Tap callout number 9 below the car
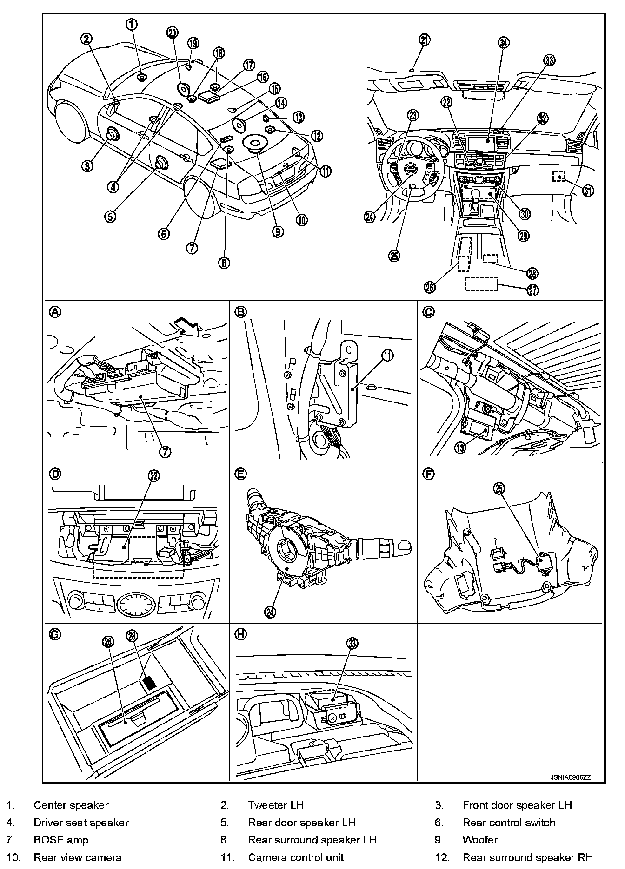278,231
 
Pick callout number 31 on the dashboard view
588,191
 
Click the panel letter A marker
55,312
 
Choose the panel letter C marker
428,312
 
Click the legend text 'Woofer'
480,840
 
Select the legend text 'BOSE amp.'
62,840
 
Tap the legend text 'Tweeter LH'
276,805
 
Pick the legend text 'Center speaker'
71,805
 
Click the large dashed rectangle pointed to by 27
481,284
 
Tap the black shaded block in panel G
149,682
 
